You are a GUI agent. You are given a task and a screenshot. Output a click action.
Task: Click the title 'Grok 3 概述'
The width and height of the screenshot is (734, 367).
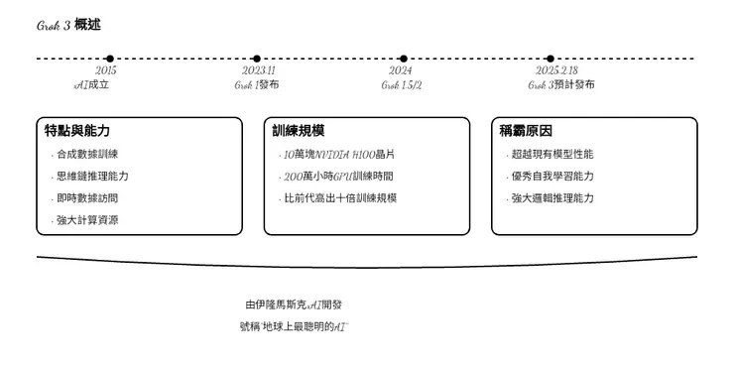68,25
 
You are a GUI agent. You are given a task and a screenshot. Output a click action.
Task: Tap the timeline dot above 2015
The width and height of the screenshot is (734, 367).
109,59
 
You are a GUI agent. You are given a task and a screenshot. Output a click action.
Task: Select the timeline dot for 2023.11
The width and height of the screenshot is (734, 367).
257,59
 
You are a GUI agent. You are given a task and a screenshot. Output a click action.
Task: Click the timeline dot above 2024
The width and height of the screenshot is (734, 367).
404,59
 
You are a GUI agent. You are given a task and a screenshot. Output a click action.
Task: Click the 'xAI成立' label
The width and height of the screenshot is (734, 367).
92,85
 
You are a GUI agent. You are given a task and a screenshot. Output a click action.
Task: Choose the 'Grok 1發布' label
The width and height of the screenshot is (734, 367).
257,85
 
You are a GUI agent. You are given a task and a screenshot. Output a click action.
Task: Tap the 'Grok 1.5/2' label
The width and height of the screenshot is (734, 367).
402,85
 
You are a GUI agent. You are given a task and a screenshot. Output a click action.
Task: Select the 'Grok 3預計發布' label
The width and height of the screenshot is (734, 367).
561,85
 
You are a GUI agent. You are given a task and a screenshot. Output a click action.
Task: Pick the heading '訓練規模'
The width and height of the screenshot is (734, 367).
299,131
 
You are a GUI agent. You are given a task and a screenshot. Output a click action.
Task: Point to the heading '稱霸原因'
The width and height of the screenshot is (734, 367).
526,131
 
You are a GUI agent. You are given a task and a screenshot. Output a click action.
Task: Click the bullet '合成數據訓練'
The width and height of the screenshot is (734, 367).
87,155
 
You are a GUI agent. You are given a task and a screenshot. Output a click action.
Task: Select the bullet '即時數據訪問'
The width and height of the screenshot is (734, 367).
87,198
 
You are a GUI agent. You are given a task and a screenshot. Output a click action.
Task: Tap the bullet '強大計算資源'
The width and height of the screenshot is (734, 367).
87,220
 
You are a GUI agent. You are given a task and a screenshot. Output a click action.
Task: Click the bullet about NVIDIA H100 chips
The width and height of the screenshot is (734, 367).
339,155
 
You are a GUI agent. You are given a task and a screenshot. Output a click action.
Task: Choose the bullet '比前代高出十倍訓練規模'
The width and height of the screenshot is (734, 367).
340,198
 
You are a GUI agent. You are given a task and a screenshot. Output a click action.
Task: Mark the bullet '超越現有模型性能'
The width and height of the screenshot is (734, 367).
551,155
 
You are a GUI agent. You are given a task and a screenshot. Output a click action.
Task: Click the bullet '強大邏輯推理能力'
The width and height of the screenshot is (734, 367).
551,198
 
